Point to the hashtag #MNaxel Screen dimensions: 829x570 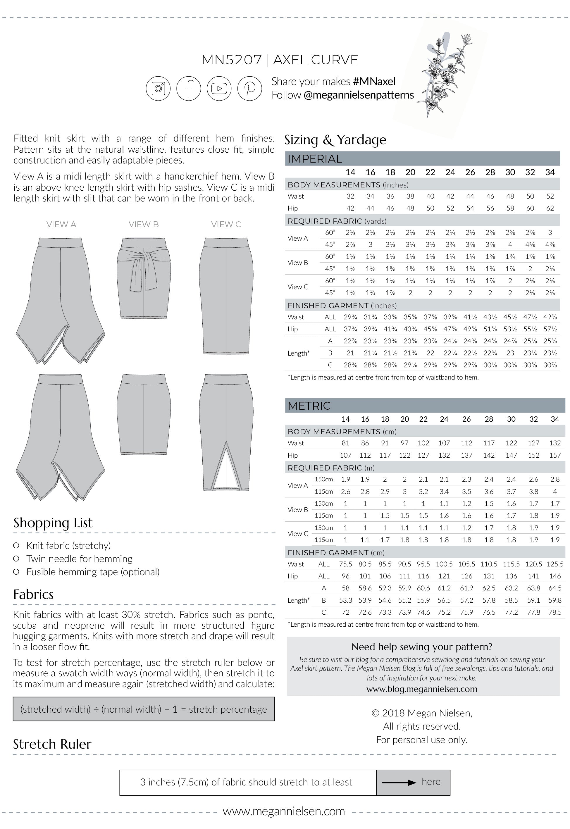pos(374,81)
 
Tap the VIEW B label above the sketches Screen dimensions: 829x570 pos(144,224)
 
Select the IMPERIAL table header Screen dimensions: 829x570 pos(315,158)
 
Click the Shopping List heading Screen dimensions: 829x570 pos(53,523)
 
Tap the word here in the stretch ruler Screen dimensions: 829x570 pos(431,782)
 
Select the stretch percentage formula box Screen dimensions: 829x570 pos(144,709)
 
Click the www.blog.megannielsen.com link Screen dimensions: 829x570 pos(422,689)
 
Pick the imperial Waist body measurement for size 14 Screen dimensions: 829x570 pos(350,196)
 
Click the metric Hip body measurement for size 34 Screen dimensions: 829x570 pos(554,455)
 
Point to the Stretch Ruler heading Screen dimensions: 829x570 pos(52,744)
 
